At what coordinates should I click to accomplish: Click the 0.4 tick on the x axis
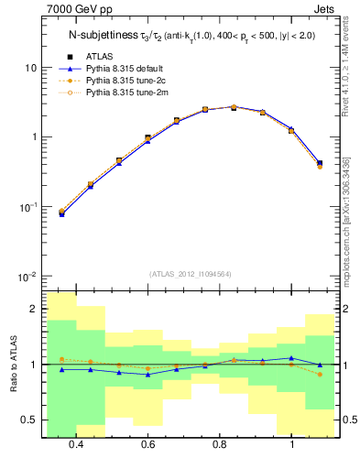[x=76, y=444]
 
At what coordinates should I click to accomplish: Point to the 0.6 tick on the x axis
[x=147, y=444]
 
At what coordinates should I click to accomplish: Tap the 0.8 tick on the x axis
[x=220, y=444]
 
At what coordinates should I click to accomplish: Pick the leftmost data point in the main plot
[x=62, y=213]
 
